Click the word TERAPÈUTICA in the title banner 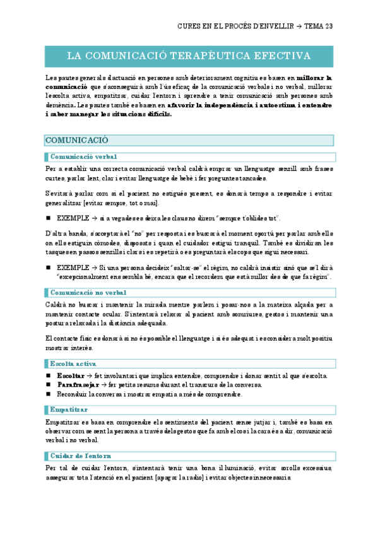(x=211, y=56)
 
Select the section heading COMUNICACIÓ (x=76, y=140)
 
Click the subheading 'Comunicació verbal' (x=83, y=156)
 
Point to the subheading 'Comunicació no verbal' (x=88, y=292)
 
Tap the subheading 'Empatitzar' (x=70, y=410)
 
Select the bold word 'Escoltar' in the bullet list (x=71, y=376)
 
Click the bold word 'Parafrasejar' (x=78, y=385)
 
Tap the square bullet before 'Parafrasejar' (x=49, y=385)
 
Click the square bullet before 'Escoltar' (x=49, y=376)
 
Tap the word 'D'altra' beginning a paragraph (x=57, y=234)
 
